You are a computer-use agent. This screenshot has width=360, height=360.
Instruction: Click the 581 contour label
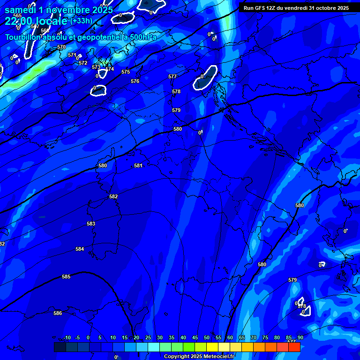click(138, 165)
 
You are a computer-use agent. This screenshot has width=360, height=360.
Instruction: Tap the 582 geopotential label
click(113, 197)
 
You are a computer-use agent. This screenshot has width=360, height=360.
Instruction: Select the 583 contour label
click(91, 224)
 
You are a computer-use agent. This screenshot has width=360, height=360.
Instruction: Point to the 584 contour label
click(80, 249)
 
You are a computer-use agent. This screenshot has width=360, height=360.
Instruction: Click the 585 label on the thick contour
click(66, 277)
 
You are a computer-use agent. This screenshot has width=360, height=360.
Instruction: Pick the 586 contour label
click(58, 313)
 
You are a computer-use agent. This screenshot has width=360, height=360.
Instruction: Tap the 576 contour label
click(135, 82)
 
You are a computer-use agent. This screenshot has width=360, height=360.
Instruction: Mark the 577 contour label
click(172, 76)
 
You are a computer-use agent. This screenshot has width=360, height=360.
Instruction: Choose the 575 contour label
click(126, 72)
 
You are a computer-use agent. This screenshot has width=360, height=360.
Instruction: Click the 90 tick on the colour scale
click(300, 337)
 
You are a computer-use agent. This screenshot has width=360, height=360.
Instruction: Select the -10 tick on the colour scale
click(67, 337)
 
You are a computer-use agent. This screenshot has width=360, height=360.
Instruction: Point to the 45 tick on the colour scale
click(195, 337)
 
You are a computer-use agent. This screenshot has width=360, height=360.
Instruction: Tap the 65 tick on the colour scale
click(242, 337)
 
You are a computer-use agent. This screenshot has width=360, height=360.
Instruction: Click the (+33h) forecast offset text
click(82, 21)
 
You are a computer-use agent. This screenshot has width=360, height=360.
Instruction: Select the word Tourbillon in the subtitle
click(23, 37)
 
